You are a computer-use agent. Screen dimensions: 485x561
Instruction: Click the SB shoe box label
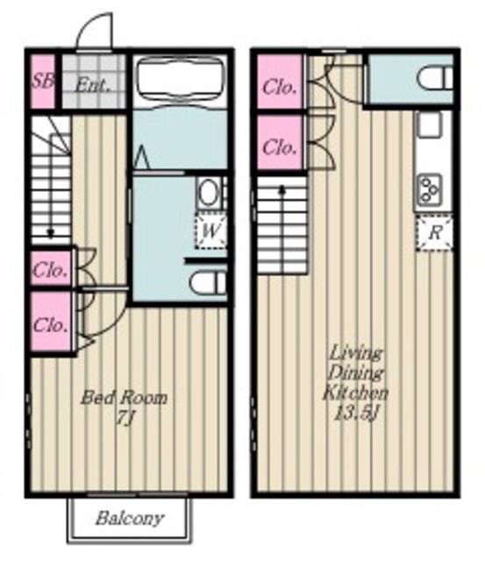(x=42, y=82)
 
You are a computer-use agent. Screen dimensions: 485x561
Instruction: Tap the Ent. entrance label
(x=91, y=86)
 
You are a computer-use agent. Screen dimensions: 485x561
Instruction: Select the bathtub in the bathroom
(x=180, y=80)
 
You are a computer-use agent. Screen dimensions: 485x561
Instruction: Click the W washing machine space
(x=210, y=231)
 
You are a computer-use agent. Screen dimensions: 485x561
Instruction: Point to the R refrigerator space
(x=434, y=232)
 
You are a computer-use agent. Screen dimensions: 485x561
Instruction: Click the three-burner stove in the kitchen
(x=430, y=188)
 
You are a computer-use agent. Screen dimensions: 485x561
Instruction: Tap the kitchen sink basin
(x=430, y=124)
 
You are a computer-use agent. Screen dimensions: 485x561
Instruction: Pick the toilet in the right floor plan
(x=435, y=79)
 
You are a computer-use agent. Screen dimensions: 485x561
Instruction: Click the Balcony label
(x=130, y=518)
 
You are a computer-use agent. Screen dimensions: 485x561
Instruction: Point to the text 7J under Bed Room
(x=125, y=417)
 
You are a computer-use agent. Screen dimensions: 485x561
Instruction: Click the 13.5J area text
(x=356, y=414)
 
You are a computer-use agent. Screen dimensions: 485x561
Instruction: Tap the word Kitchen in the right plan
(x=355, y=393)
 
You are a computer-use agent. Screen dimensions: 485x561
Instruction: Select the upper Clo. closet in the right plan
(x=280, y=82)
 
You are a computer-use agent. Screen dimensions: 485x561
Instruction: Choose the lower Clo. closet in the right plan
(x=280, y=142)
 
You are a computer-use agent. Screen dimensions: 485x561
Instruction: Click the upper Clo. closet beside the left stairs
(x=50, y=269)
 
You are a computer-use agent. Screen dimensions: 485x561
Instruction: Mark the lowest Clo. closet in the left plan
(x=50, y=322)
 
